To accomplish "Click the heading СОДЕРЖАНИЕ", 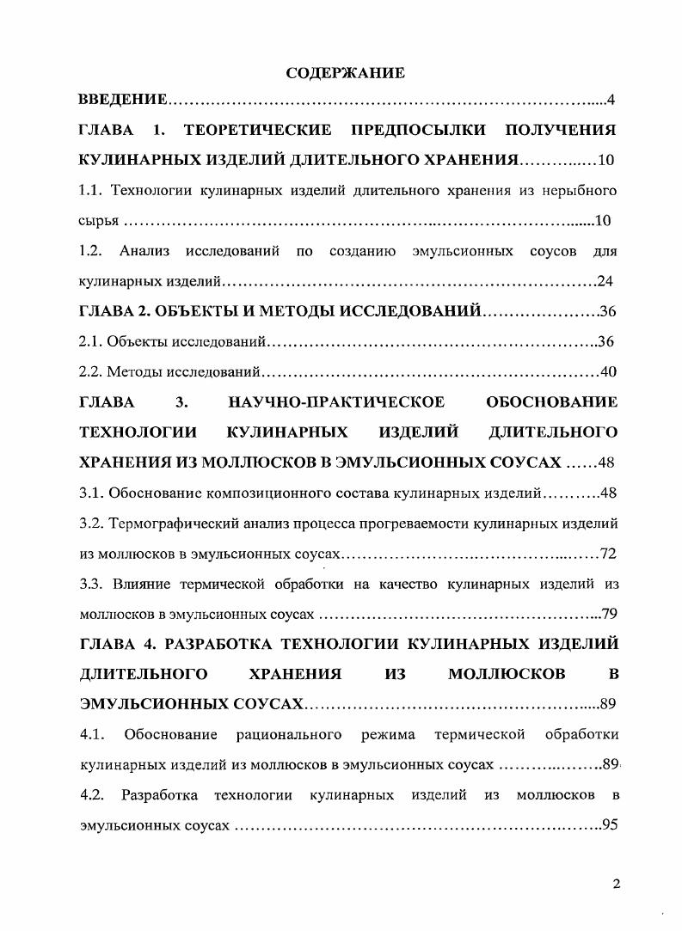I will (345, 73).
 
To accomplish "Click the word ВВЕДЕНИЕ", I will (122, 101).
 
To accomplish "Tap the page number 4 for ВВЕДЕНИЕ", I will (611, 101).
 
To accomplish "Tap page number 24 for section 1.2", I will (606, 281).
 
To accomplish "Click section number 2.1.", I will (89, 341).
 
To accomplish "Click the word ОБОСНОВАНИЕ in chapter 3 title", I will (552, 401).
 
